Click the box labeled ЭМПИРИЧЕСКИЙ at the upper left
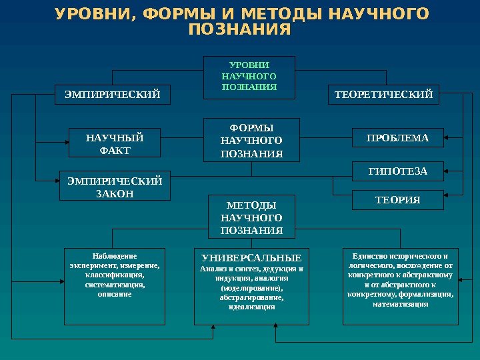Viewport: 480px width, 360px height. tap(113, 95)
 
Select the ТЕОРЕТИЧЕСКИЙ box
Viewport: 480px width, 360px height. tap(383, 95)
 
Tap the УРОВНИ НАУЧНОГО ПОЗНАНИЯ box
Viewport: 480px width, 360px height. tap(249, 77)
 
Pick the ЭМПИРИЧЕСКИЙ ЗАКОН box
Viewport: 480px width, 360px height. tap(115, 187)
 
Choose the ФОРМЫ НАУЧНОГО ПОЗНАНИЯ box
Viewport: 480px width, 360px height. tap(251, 140)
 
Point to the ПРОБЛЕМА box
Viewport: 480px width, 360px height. tap(397, 138)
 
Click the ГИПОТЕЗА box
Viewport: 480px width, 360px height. tap(397, 172)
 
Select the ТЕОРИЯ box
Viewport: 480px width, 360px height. tap(397, 200)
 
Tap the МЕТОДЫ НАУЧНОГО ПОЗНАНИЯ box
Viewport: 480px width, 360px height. tap(251, 217)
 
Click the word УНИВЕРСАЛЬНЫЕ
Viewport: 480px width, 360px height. tap(251, 258)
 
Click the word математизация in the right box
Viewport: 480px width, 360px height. tap(400, 304)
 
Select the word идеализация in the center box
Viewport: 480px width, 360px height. tap(251, 307)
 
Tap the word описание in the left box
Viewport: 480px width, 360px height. tap(115, 294)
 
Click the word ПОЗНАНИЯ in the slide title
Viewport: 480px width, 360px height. tap(240, 31)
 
